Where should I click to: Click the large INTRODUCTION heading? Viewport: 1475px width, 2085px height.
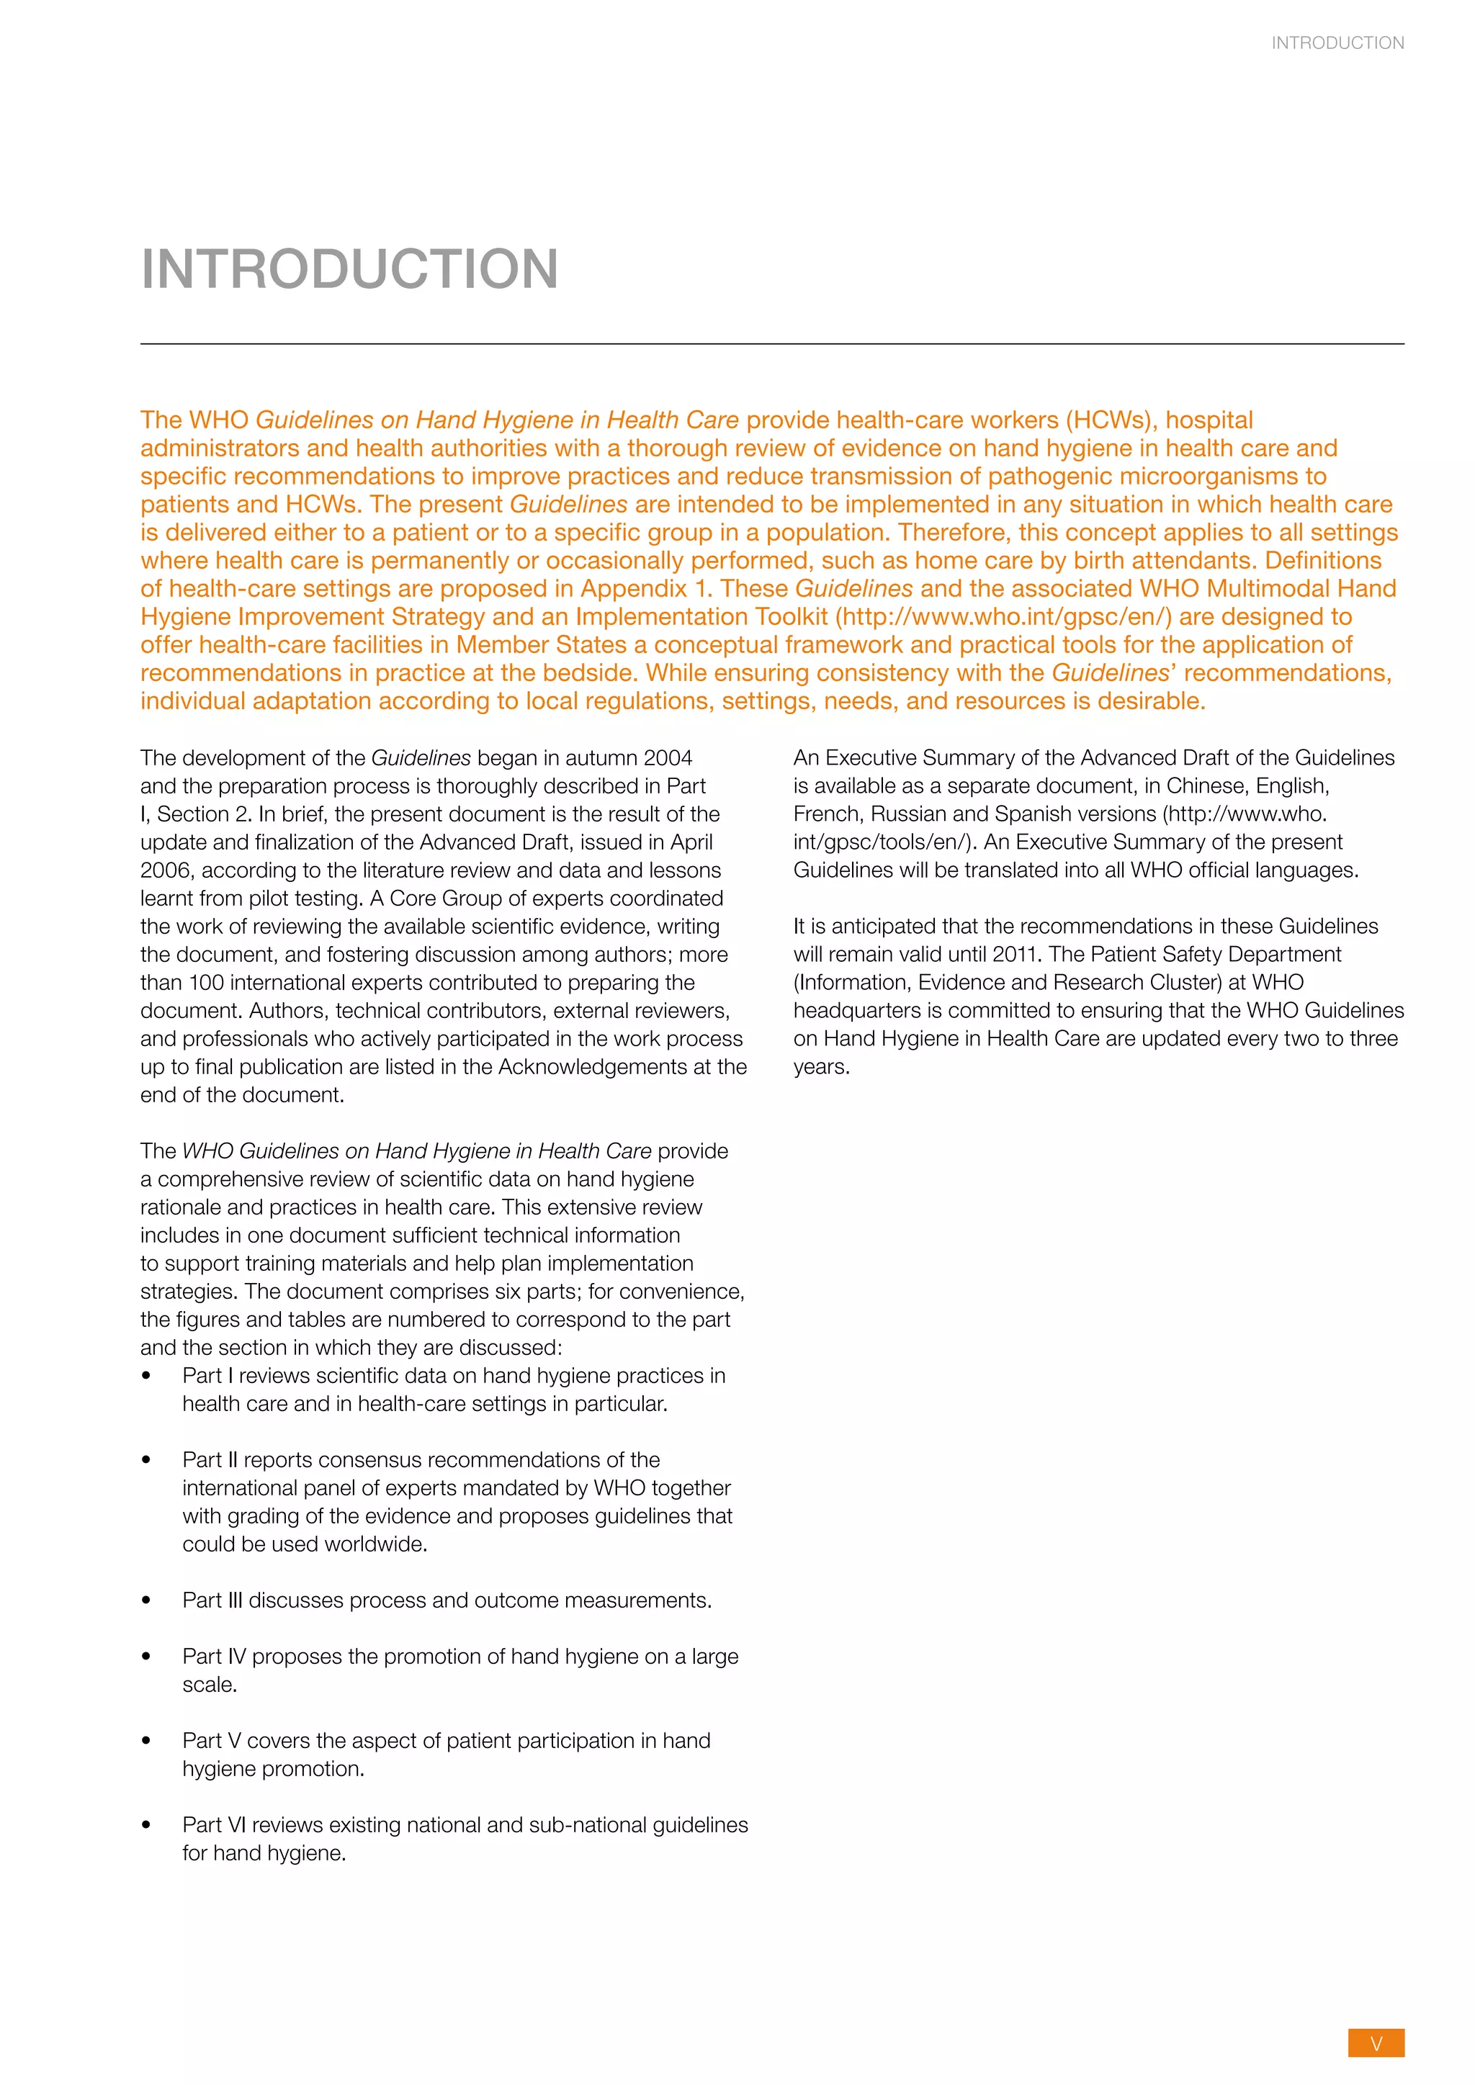pos(350,270)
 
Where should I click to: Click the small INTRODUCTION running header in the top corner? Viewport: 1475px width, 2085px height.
pos(1337,42)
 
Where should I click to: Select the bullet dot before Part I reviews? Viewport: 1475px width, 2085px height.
pos(146,1376)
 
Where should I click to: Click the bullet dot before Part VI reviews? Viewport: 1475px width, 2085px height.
pos(146,1825)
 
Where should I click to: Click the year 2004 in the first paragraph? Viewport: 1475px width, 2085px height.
pos(668,757)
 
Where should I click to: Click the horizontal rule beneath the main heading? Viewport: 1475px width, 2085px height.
pos(772,344)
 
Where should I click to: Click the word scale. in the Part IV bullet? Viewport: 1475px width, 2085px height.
pos(210,1685)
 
